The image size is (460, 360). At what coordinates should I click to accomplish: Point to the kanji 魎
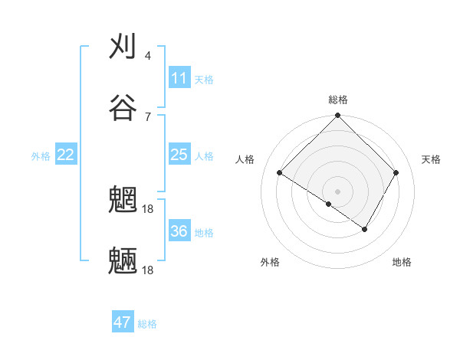click(x=123, y=260)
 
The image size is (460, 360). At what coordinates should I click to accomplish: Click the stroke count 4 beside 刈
click(x=147, y=56)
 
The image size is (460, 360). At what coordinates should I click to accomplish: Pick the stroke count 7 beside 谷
click(x=147, y=116)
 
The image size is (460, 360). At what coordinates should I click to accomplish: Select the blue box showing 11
click(x=179, y=78)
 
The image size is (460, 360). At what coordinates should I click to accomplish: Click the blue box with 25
click(x=179, y=155)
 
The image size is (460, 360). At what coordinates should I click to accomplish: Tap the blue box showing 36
click(x=179, y=231)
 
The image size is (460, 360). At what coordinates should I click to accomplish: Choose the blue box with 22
click(x=66, y=155)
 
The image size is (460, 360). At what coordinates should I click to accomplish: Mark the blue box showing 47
click(x=123, y=322)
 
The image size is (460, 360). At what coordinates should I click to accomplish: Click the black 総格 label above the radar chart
click(x=337, y=100)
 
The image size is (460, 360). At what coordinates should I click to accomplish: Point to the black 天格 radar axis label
click(x=431, y=159)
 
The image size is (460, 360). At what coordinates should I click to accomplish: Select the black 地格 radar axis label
click(x=402, y=262)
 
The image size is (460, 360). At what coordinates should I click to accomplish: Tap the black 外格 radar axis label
click(x=270, y=262)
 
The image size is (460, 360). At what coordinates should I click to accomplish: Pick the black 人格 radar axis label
click(x=245, y=159)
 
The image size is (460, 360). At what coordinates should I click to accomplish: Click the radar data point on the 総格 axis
click(x=337, y=116)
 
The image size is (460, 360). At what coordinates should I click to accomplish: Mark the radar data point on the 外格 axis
click(x=328, y=204)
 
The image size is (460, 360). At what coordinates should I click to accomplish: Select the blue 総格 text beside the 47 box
click(x=147, y=324)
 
